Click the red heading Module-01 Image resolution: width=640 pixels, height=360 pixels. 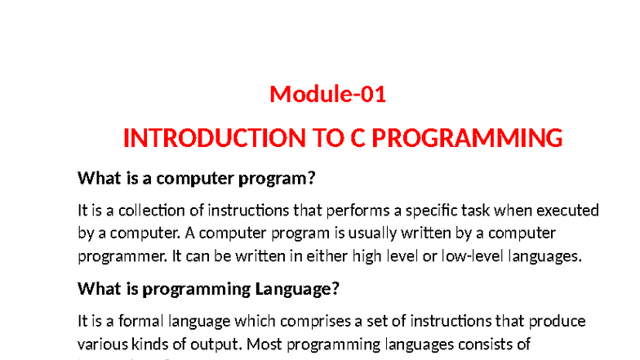coord(327,95)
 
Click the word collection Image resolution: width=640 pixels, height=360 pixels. coord(155,210)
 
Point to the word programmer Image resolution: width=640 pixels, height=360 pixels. coord(115,256)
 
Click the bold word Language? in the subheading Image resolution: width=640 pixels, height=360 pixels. coord(297,289)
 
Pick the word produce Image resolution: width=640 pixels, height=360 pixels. coord(560,321)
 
